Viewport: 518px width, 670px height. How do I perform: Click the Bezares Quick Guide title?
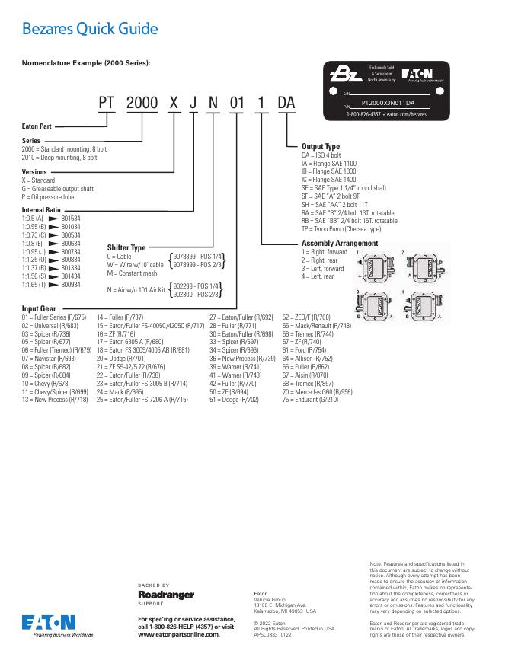[x=90, y=30]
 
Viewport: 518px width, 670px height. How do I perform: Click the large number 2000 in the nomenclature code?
[x=142, y=103]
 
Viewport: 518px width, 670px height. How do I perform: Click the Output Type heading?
[x=321, y=146]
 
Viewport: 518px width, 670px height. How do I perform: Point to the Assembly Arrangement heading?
[x=340, y=244]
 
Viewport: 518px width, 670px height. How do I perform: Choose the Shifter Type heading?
[x=126, y=247]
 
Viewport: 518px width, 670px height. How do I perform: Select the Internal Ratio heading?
[x=41, y=209]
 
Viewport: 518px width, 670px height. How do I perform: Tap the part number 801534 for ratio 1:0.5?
[x=71, y=219]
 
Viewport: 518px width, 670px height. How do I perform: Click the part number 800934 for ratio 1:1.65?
[x=71, y=284]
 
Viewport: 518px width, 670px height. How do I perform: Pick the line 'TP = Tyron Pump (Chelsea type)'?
[x=341, y=228]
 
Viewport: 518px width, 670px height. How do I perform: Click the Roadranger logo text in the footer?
[x=166, y=594]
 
